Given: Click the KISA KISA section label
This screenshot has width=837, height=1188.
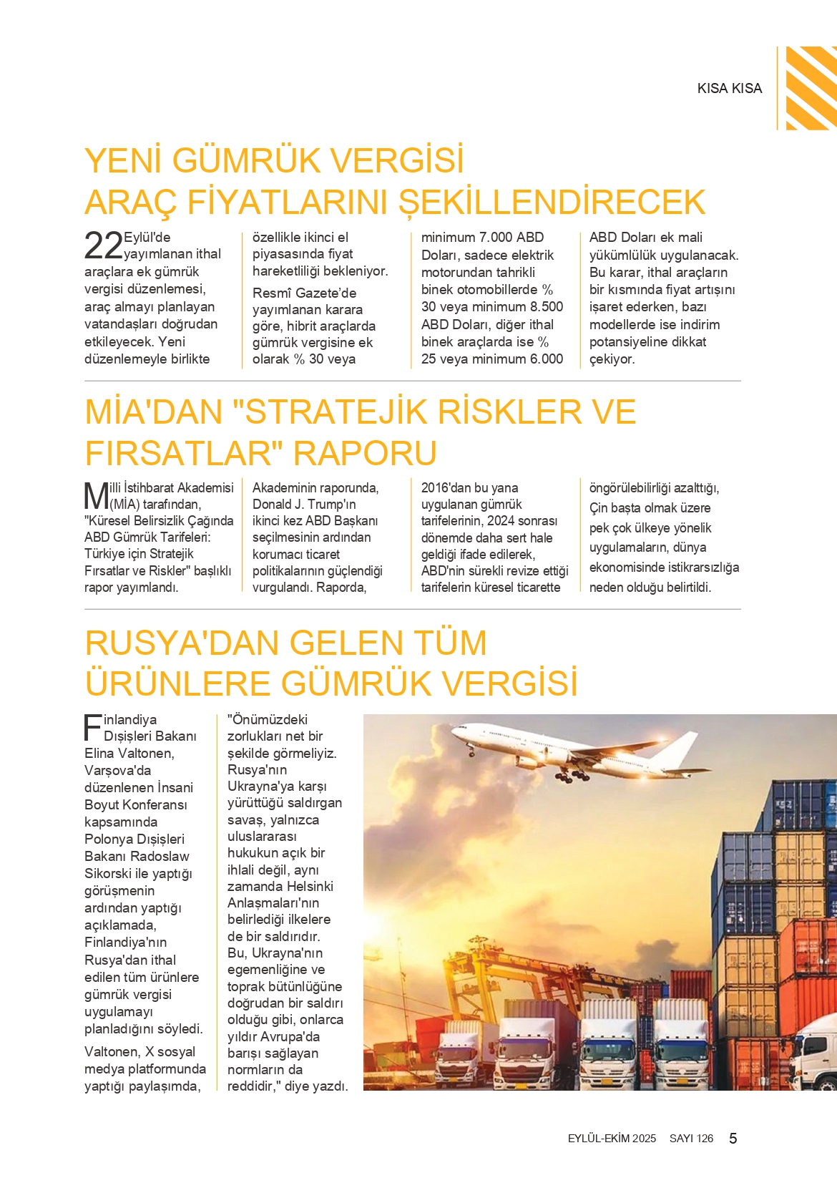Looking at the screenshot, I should tap(729, 88).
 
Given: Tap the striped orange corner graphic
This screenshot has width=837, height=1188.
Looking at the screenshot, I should tap(811, 87).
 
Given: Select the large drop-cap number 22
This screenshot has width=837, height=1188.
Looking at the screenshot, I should tap(104, 245).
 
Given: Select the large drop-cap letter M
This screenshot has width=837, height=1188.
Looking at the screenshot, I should tap(97, 495).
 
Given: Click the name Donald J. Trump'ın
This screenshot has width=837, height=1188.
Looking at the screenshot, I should tap(304, 504).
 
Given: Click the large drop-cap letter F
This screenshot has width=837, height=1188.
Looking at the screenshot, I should tap(93, 727).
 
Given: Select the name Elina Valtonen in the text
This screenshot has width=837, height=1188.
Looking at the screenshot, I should tap(129, 753).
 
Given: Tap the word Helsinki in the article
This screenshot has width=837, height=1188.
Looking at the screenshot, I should tap(310, 886).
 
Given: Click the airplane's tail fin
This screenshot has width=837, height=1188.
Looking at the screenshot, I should tap(678, 746).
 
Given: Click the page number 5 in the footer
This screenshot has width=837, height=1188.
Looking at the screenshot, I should tap(733, 1138).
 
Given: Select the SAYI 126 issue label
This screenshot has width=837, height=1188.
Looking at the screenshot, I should tap(691, 1139).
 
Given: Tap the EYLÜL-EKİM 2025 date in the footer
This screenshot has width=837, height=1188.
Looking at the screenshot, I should tap(612, 1139).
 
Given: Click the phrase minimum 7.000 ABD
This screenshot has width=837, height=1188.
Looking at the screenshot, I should tap(482, 237).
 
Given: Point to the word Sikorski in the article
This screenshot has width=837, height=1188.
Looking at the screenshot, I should tap(109, 873).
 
